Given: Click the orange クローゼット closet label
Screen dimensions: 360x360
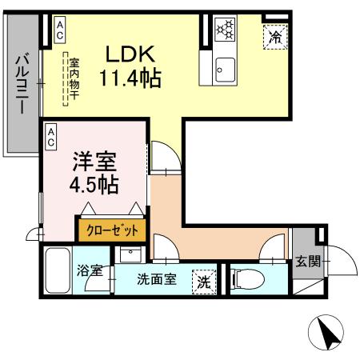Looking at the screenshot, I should [112, 230].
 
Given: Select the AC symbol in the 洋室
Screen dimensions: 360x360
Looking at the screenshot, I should [50, 137].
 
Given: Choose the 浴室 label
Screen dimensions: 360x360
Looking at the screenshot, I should [90, 270].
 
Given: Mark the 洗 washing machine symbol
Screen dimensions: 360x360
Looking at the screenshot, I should [204, 282].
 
